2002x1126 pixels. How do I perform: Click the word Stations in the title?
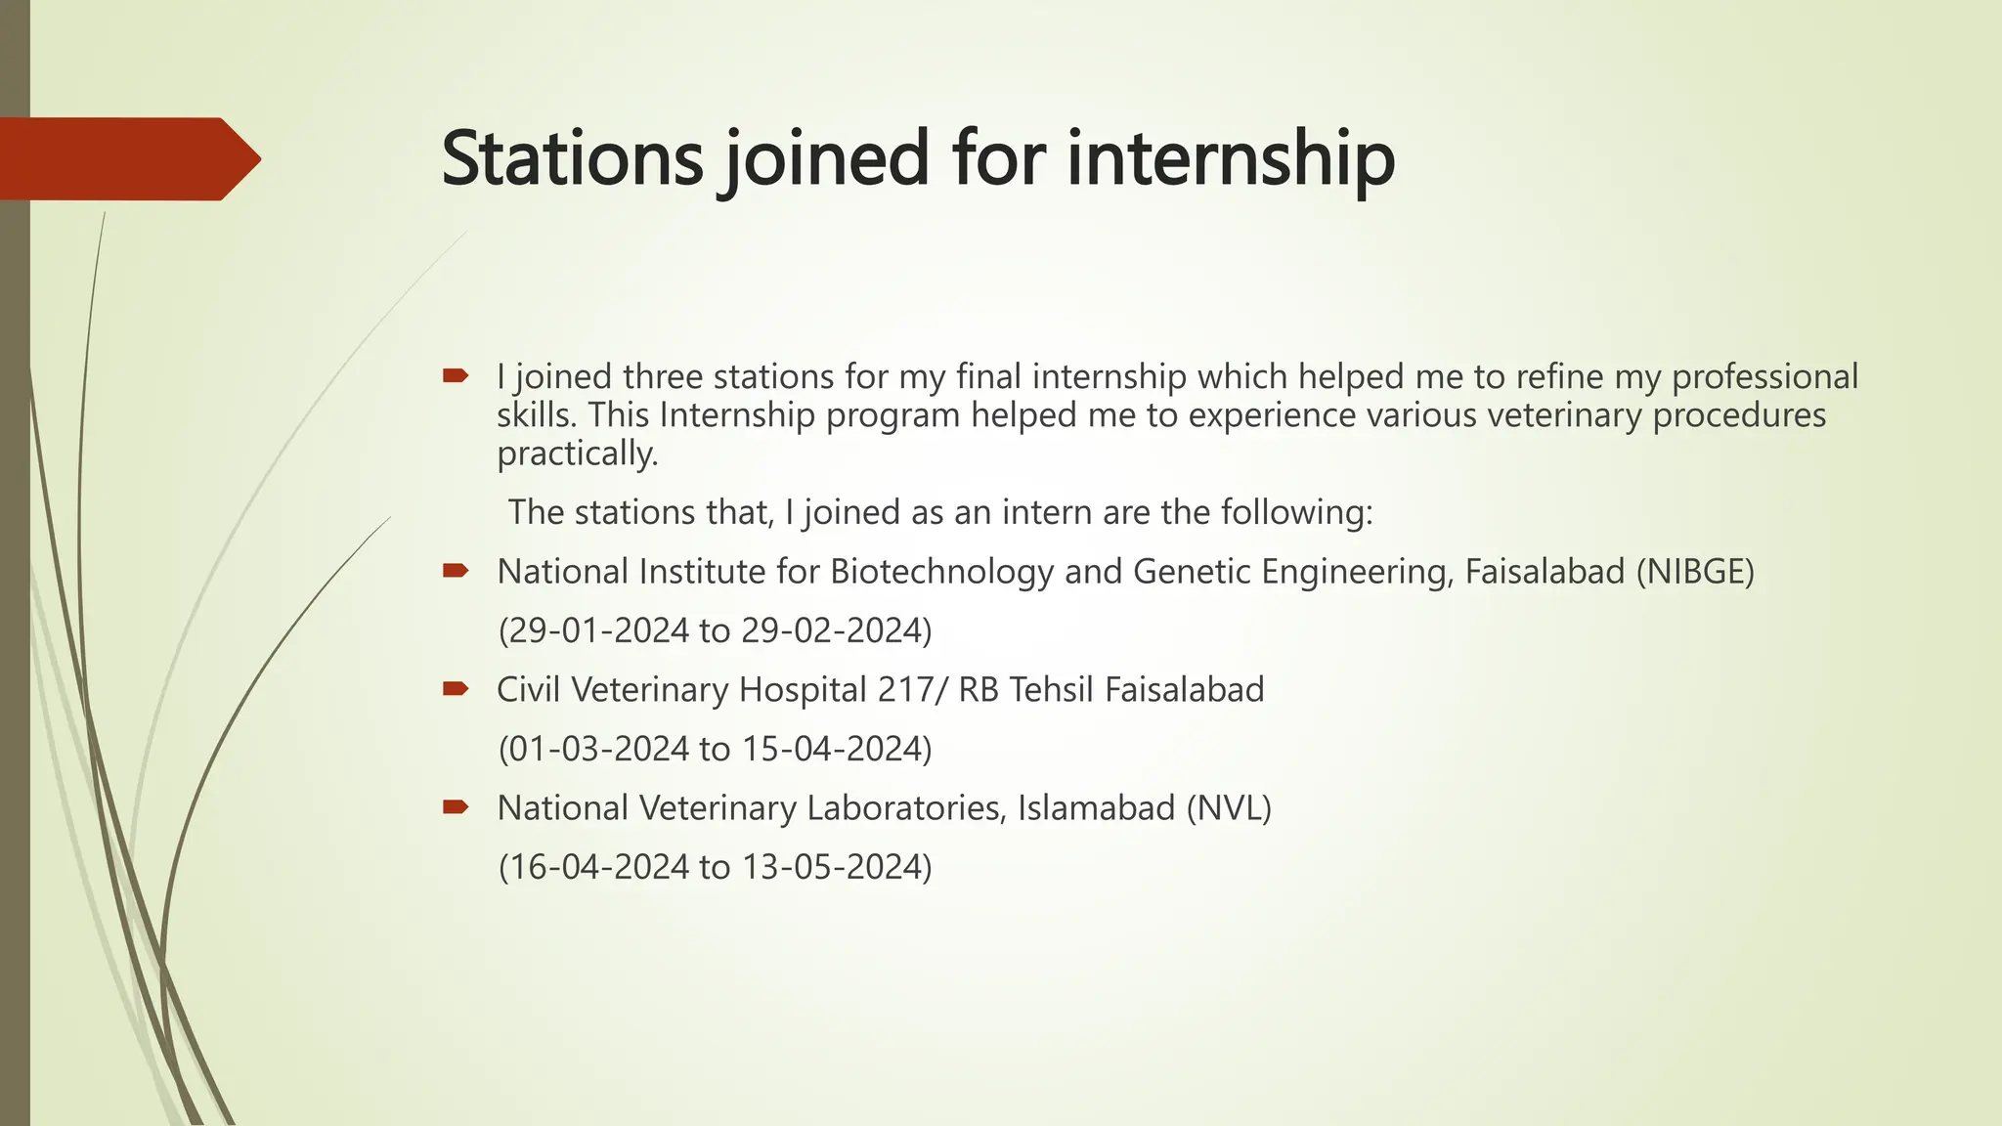572,158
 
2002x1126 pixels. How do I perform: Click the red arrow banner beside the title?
127,159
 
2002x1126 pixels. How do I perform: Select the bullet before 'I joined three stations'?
456,375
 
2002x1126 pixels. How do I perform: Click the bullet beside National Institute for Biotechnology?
456,571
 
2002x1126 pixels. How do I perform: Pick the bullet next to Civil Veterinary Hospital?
456,689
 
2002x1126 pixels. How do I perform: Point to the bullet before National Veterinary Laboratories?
456,807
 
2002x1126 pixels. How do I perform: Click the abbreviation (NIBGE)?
1695,572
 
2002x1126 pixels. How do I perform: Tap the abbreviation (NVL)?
1229,808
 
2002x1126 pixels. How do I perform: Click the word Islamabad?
1096,808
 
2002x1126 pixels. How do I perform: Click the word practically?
577,454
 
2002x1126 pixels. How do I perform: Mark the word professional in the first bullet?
1764,376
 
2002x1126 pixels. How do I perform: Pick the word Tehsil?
1051,690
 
